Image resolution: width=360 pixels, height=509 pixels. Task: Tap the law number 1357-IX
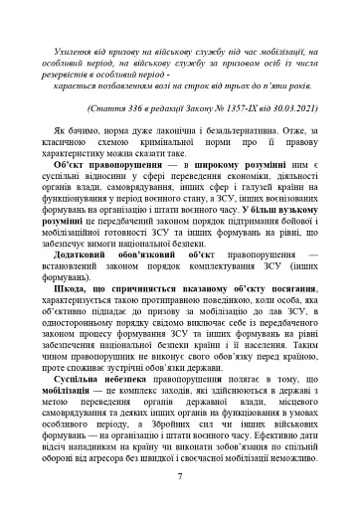coord(237,103)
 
